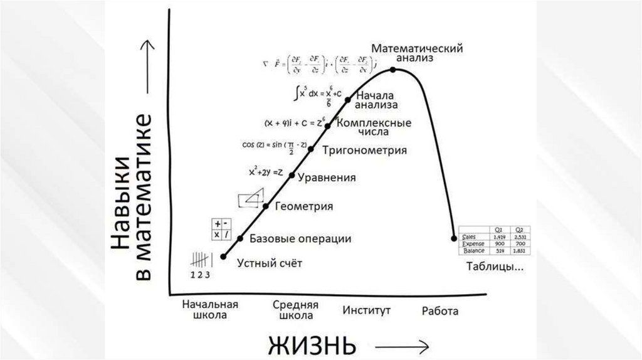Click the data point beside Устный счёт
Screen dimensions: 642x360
pyautogui.click(x=223, y=256)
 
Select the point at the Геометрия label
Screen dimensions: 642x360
pyautogui.click(x=266, y=206)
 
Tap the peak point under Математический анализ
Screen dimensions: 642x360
pyautogui.click(x=393, y=70)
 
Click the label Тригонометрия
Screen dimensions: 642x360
pyautogui.click(x=365, y=151)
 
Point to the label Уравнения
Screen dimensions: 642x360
pyautogui.click(x=327, y=178)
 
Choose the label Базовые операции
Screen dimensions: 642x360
pyautogui.click(x=300, y=239)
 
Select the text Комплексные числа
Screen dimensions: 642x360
pyautogui.click(x=374, y=127)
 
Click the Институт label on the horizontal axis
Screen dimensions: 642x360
pyautogui.click(x=367, y=310)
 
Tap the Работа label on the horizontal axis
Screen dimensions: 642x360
pyautogui.click(x=439, y=310)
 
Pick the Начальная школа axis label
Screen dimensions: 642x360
pyautogui.click(x=210, y=310)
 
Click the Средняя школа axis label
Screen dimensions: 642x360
pyautogui.click(x=296, y=310)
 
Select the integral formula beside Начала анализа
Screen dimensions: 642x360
pyautogui.click(x=318, y=95)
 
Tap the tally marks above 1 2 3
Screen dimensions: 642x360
pyautogui.click(x=199, y=259)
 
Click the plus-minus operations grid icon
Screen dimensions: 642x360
pyautogui.click(x=220, y=229)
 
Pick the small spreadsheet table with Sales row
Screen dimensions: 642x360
pyautogui.click(x=495, y=240)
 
